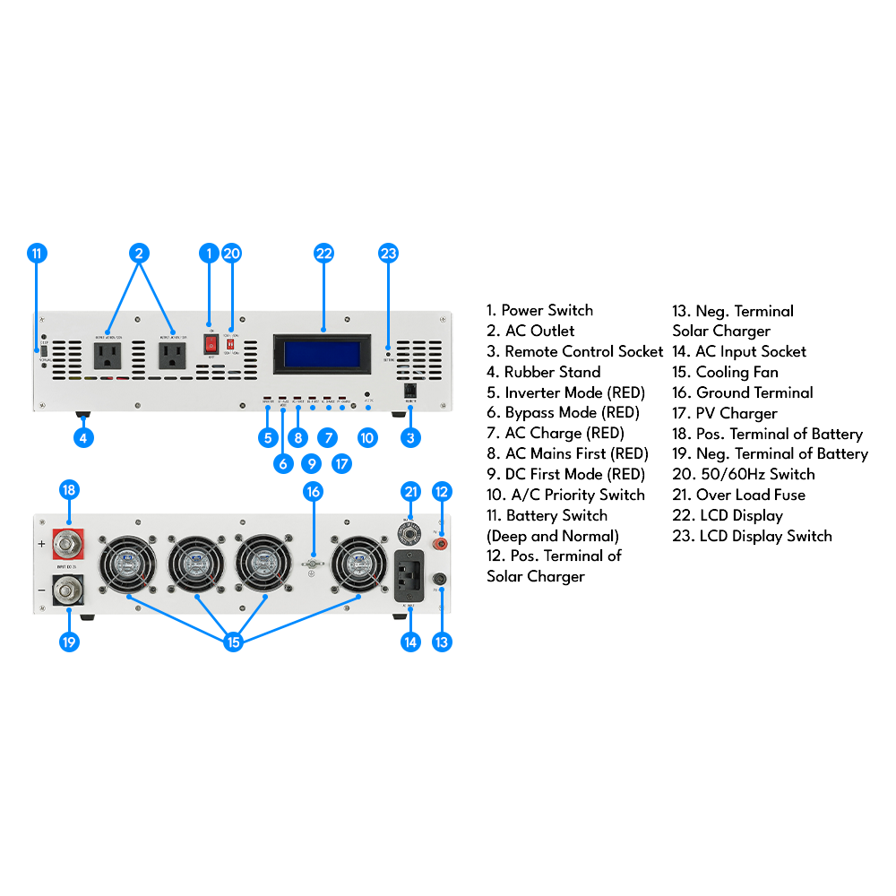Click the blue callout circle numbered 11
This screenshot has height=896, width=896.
pos(37,254)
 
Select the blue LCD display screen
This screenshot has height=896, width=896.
pos(323,353)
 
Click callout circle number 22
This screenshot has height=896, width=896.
pos(323,254)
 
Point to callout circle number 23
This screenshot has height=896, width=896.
pos(388,254)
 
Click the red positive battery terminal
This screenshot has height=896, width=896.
pos(69,542)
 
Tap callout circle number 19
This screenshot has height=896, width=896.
pos(69,642)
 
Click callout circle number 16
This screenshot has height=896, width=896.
pos(313,491)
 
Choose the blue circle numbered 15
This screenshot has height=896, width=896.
pos(233,642)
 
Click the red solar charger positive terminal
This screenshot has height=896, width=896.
pos(440,543)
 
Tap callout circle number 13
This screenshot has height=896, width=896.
pos(441,642)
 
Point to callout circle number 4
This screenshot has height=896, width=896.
pos(82,438)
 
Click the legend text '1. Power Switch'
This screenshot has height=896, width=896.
pos(539,311)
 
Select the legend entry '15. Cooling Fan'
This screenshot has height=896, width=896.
pos(725,372)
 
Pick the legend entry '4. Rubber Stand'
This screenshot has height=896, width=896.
pos(543,372)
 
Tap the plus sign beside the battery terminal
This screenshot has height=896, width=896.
pos(41,544)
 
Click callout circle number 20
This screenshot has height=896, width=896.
pos(231,254)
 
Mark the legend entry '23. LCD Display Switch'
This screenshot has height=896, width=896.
pos(752,536)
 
